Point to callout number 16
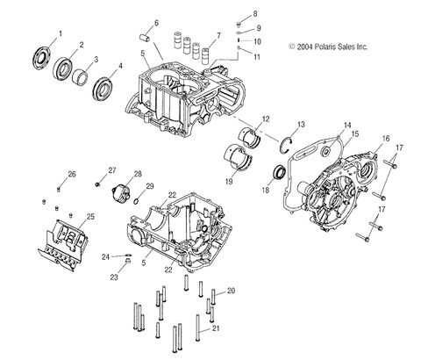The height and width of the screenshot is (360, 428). tap(384, 138)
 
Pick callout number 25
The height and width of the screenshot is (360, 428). tap(89, 215)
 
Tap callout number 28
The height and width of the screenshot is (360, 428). tap(138, 175)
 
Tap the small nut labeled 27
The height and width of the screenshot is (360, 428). tap(97, 184)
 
